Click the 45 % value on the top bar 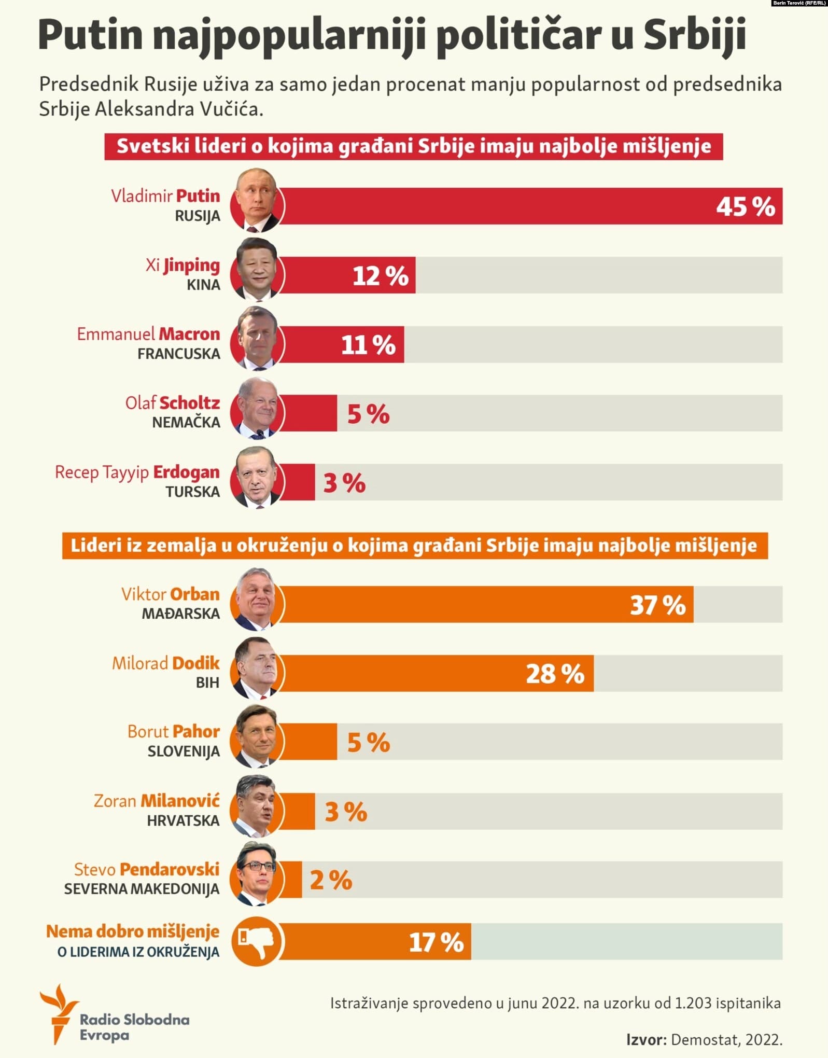pos(745,206)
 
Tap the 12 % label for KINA pos(380,275)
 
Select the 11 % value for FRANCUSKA pos(368,344)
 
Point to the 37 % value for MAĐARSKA pos(657,605)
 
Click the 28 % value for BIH pos(555,674)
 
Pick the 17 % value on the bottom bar pos(436,942)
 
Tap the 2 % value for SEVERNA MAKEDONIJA pos(331,880)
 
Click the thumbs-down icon pos(257,941)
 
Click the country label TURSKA pos(192,492)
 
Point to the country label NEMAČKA pos(186,423)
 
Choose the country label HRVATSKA pos(183,821)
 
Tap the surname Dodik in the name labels pos(195,663)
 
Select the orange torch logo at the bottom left pos(59,1012)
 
